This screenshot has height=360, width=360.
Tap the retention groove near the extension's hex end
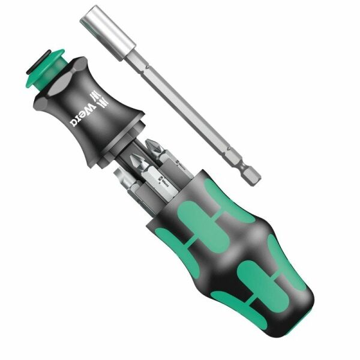click(244, 161)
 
